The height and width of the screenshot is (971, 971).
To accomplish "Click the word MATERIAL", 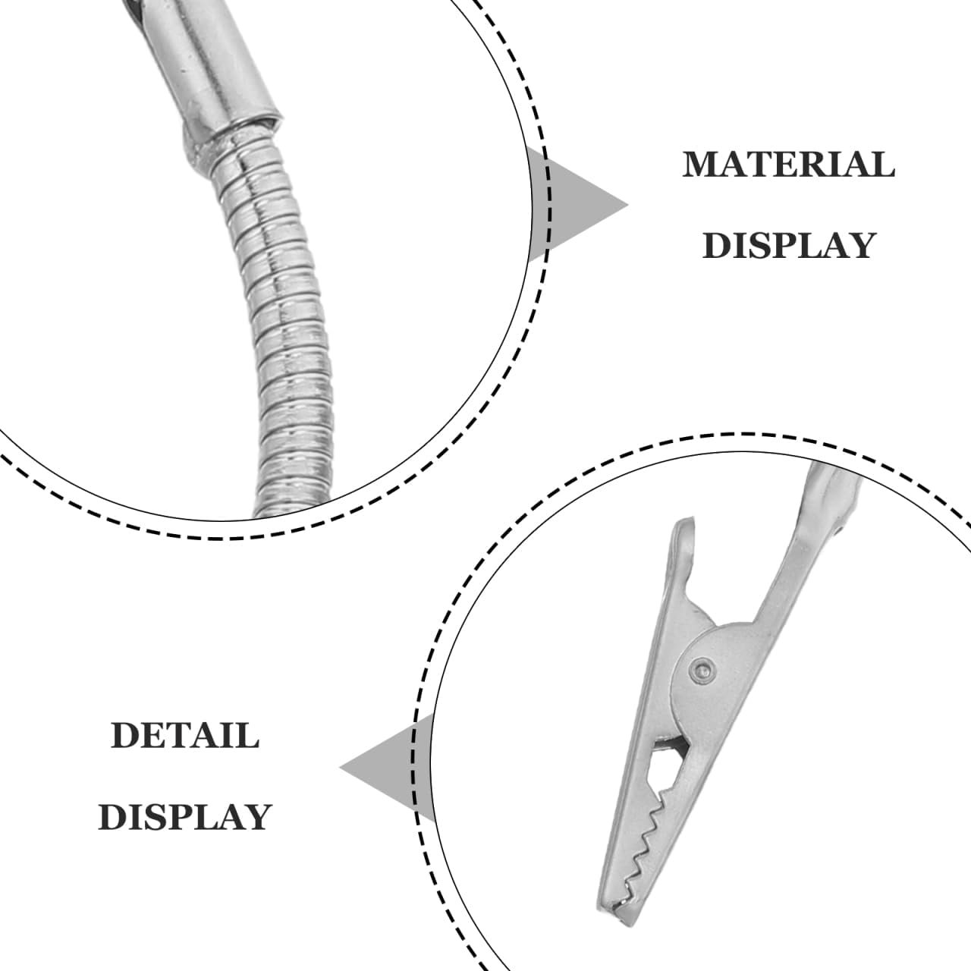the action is tap(789, 165).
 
